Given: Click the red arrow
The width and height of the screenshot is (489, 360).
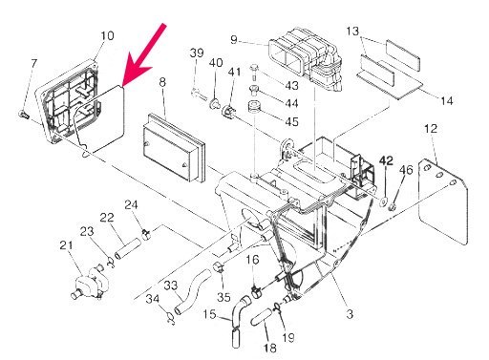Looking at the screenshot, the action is [x=143, y=55].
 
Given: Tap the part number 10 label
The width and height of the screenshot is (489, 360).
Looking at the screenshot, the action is [x=107, y=35].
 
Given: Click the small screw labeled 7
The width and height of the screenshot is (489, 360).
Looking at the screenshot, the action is [x=24, y=114].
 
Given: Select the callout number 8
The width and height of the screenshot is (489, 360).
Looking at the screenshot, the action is [x=162, y=82].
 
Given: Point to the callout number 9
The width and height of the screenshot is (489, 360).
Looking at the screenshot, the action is [x=234, y=40].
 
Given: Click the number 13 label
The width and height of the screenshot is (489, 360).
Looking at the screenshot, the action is [x=352, y=32].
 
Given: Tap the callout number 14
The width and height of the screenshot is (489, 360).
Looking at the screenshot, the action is [x=446, y=101].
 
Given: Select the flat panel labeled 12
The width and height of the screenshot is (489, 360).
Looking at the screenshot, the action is [x=443, y=202].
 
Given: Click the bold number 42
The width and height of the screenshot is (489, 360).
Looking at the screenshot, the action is [x=386, y=160].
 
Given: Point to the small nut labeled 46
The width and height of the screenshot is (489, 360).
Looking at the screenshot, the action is [x=393, y=207].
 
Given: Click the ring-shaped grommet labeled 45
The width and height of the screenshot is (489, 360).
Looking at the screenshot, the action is [x=254, y=108].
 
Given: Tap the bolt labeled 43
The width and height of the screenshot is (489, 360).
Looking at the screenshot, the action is [x=254, y=72].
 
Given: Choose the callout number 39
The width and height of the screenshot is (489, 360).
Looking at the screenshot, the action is [x=197, y=53].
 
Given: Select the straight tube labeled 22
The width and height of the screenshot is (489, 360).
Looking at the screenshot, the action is [x=128, y=248].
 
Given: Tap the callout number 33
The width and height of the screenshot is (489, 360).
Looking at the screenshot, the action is [x=171, y=285].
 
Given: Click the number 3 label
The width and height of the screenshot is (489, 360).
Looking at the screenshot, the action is [x=350, y=314].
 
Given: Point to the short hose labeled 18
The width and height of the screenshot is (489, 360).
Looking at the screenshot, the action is [x=262, y=317].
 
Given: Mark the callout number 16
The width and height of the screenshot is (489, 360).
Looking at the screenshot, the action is [x=252, y=260].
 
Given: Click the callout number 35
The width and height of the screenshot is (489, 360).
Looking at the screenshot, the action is [x=223, y=297].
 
